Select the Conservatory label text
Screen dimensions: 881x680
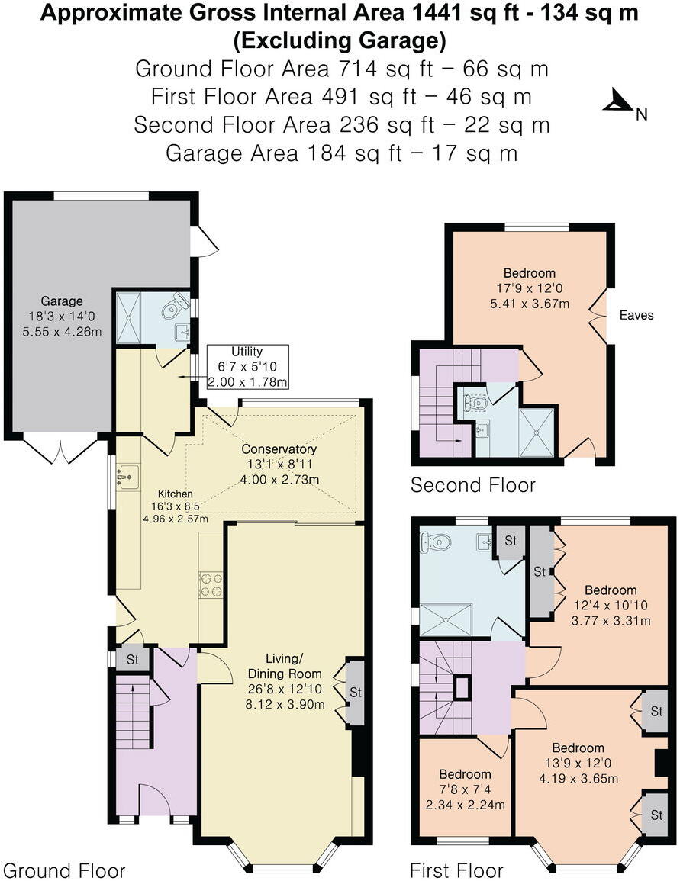tap(279, 449)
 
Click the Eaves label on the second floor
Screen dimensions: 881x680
tap(636, 315)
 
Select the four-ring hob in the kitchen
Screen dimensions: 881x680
tap(211, 584)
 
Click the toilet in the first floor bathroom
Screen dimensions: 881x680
tap(437, 542)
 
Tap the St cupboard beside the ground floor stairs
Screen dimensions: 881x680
tap(131, 660)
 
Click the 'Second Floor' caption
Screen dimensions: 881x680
tap(472, 485)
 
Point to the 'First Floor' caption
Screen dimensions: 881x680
tap(456, 870)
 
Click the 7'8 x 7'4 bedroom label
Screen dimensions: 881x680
tap(465, 789)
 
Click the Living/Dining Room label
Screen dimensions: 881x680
tap(294, 666)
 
